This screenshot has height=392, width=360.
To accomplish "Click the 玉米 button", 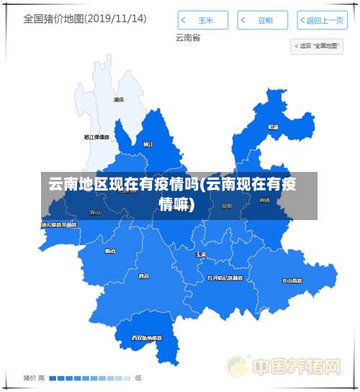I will (203, 20).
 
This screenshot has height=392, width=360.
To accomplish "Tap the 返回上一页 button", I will (320, 20).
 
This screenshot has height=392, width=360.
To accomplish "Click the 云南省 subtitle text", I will (187, 37).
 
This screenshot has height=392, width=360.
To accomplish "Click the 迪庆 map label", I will (119, 100).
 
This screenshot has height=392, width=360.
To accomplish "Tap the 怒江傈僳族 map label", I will (96, 137).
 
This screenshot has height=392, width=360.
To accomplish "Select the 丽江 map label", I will (148, 144).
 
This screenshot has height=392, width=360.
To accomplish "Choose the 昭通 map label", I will (274, 127).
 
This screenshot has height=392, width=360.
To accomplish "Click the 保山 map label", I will (95, 212).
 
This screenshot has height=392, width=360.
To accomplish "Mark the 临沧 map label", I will (109, 251).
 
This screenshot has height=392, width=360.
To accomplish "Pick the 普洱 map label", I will (144, 275).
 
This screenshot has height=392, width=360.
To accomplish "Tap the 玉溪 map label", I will (201, 255).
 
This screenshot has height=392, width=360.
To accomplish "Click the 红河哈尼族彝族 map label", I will (225, 277).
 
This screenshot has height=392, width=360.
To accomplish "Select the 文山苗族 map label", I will (292, 281).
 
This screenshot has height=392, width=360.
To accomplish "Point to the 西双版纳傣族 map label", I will (146, 337).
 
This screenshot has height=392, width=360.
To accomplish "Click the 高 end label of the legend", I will (41, 378).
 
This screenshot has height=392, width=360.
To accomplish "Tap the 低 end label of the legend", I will (138, 378).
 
